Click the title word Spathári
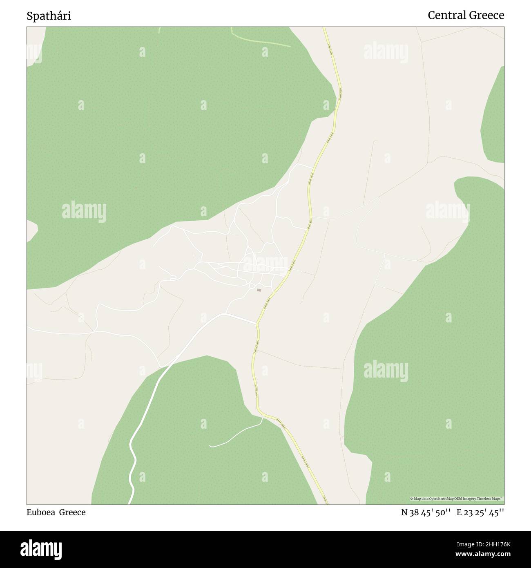pyautogui.click(x=49, y=16)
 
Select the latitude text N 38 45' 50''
pyautogui.click(x=426, y=512)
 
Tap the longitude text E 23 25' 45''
pyautogui.click(x=480, y=512)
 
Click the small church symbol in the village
pyautogui.click(x=259, y=290)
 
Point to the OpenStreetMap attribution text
pyautogui.click(x=457, y=499)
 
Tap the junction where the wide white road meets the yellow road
pyautogui.click(x=257, y=323)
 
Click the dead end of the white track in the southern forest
pyautogui.click(x=210, y=446)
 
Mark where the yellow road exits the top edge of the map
pyautogui.click(x=324, y=28)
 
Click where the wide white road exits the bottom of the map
pyautogui.click(x=129, y=503)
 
